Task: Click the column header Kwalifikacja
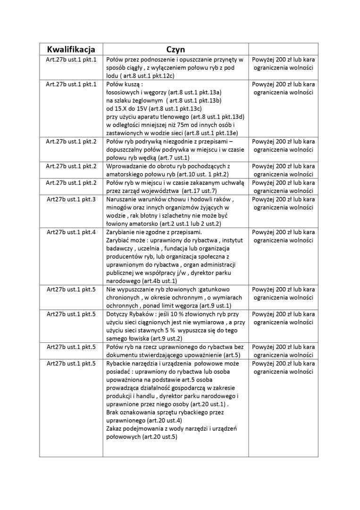pos(71,50)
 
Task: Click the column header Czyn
pos(176,50)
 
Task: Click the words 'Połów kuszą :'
pos(124,85)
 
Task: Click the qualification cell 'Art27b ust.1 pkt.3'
pos(71,199)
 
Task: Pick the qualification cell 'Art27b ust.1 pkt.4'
pos(71,232)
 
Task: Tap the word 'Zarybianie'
pos(122,232)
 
